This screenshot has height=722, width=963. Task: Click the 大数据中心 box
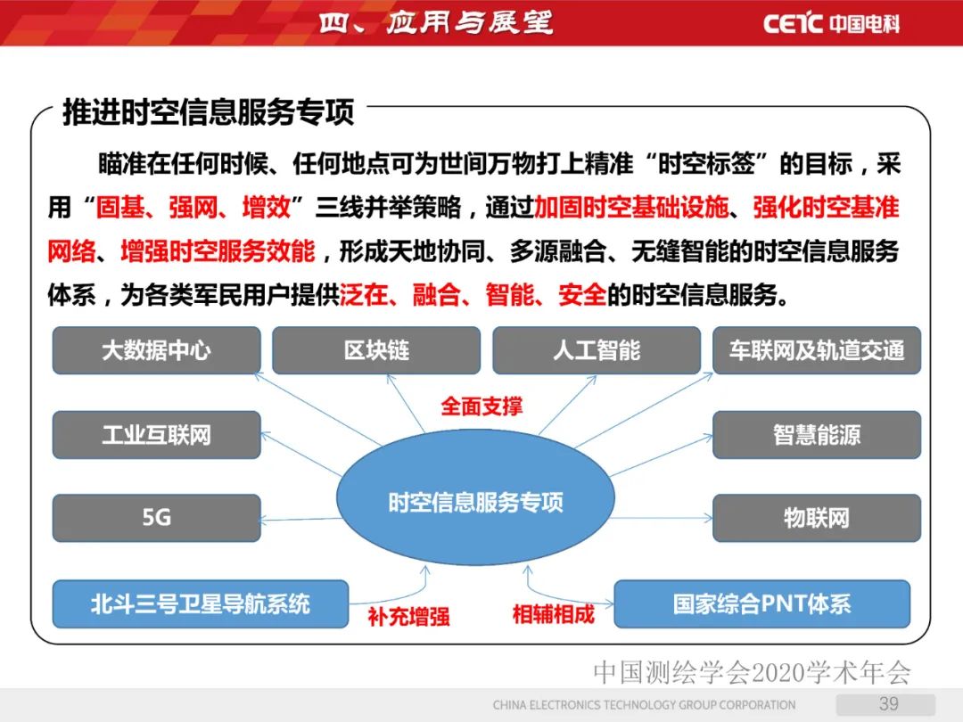156,350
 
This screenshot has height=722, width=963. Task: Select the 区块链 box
375,350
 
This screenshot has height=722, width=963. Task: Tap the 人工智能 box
596,350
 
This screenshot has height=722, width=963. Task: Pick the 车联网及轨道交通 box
817,350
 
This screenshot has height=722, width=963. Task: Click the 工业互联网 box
156,435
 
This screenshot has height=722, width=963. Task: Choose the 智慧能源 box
817,435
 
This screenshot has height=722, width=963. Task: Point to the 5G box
156,518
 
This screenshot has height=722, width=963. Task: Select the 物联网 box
817,518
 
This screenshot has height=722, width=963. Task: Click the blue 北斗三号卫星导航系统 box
200,603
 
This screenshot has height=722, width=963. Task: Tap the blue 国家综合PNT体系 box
761,603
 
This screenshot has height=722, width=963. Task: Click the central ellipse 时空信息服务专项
475,502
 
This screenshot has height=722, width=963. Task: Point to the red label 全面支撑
481,406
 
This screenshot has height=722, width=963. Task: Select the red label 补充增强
408,616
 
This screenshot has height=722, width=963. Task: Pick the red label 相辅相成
553,614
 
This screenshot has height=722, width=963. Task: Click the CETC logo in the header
831,22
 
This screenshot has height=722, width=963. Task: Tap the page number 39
888,703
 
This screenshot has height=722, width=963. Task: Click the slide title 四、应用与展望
435,22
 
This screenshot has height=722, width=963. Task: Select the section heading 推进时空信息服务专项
208,112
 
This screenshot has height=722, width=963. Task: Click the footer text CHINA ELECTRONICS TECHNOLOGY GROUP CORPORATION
644,705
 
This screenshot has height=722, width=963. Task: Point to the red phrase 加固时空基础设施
631,209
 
